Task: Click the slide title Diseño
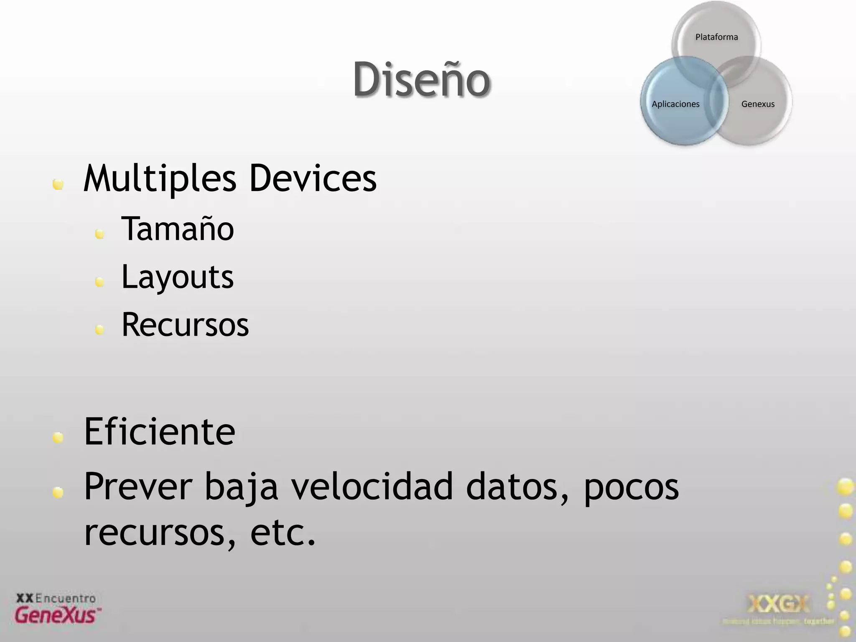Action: click(421, 79)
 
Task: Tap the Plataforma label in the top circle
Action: click(716, 37)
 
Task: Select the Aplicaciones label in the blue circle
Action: click(675, 104)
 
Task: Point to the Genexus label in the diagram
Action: click(758, 104)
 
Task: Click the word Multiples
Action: click(160, 179)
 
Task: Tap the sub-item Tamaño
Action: click(178, 229)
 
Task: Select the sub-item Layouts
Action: click(178, 277)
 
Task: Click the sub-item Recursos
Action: click(185, 325)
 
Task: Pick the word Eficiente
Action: click(160, 432)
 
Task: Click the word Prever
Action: click(138, 486)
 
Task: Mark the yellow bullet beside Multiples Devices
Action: click(58, 184)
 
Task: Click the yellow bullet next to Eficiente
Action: click(58, 438)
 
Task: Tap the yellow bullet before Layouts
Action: click(99, 283)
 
